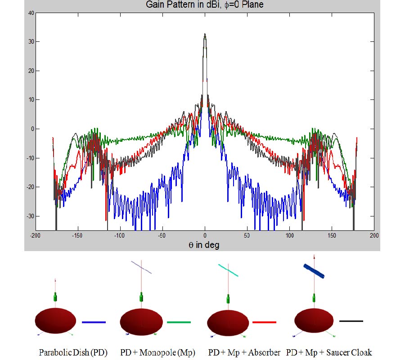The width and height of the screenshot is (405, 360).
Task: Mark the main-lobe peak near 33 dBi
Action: pyautogui.click(x=205, y=34)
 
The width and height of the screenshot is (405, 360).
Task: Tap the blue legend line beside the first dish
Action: pyautogui.click(x=94, y=322)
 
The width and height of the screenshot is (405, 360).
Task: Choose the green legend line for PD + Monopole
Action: pyautogui.click(x=179, y=322)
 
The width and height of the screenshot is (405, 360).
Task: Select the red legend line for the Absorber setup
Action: pyautogui.click(x=264, y=322)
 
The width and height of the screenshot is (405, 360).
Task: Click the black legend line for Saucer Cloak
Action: pyautogui.click(x=351, y=321)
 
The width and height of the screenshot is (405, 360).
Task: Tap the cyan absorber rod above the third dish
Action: pyautogui.click(x=228, y=270)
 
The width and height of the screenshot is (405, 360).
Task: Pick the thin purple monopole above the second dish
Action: pyautogui.click(x=141, y=267)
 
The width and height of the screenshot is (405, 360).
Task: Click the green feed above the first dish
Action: pyautogui.click(x=56, y=297)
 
